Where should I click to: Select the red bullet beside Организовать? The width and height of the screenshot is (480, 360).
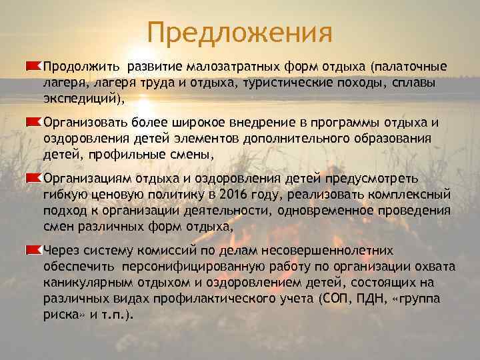34,122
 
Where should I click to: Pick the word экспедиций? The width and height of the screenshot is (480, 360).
81,99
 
